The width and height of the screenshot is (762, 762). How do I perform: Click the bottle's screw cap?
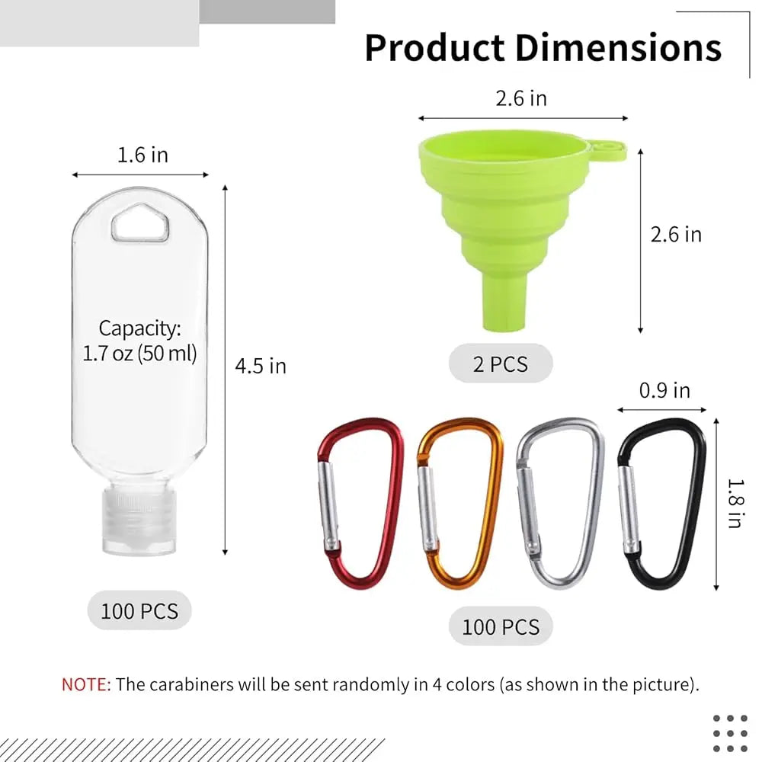pos(139,522)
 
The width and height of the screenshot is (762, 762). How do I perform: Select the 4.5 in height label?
pos(261,366)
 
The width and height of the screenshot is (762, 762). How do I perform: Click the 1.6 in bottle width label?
pos(143,155)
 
